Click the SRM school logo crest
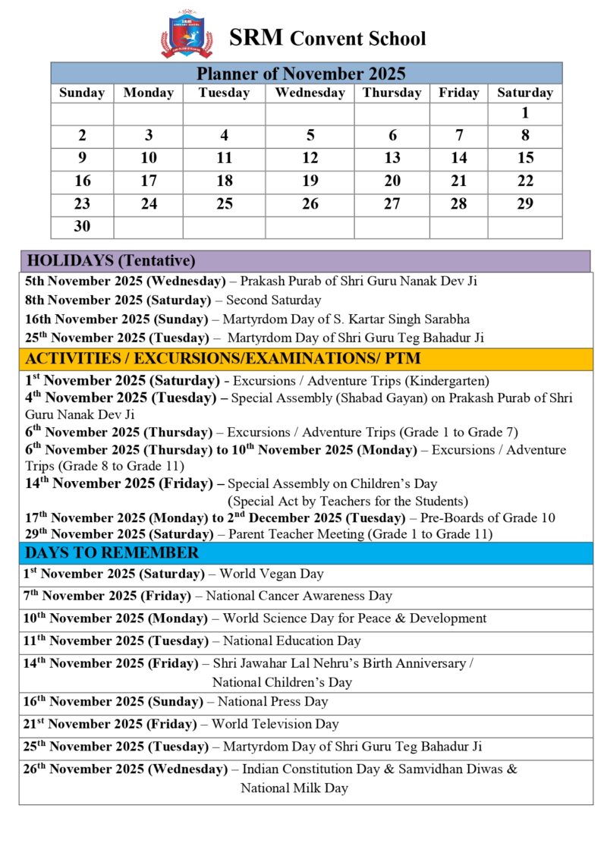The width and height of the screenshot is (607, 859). pyautogui.click(x=187, y=34)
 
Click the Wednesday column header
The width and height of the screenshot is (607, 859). pyautogui.click(x=310, y=93)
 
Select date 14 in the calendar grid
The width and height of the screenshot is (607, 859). pyautogui.click(x=459, y=159)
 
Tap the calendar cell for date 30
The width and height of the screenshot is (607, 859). pyautogui.click(x=82, y=227)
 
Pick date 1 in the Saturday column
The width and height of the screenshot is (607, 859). pyautogui.click(x=525, y=114)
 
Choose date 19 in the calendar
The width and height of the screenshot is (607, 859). pyautogui.click(x=310, y=181)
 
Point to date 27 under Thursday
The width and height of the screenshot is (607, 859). pyautogui.click(x=392, y=204)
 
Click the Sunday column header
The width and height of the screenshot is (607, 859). pyautogui.click(x=82, y=93)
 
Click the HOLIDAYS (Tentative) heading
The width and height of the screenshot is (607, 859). pyautogui.click(x=111, y=261)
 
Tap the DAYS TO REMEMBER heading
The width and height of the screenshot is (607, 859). pyautogui.click(x=112, y=552)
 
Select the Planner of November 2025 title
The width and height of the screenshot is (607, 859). pyautogui.click(x=301, y=74)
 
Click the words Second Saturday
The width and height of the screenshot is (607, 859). pyautogui.click(x=273, y=300)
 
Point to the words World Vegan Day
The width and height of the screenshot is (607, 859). pyautogui.click(x=272, y=574)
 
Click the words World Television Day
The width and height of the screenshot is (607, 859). pyautogui.click(x=275, y=724)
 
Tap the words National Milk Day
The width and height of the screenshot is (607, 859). pyautogui.click(x=294, y=788)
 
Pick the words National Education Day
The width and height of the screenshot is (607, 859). pyautogui.click(x=291, y=641)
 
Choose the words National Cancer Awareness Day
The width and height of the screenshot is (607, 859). pyautogui.click(x=299, y=596)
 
